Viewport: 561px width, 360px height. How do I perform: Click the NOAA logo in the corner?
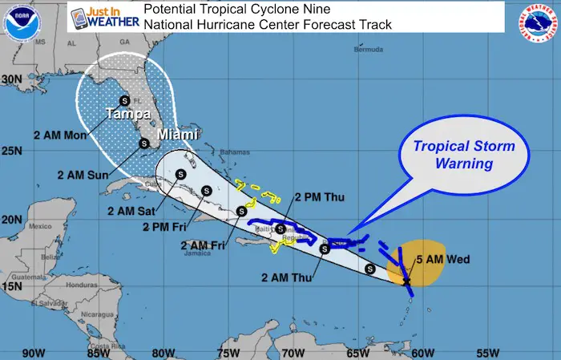21,22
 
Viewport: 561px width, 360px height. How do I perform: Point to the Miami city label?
177,134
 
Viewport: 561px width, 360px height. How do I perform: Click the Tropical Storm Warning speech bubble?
463,155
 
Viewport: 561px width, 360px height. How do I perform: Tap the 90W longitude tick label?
34,352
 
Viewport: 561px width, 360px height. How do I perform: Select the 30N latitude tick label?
11,79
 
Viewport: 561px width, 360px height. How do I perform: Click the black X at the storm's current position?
406,281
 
